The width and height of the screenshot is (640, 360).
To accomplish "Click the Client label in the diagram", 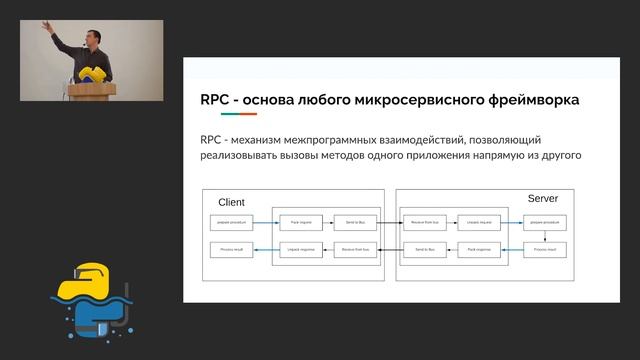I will (x=231, y=202).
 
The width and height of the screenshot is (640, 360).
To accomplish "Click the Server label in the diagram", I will (x=543, y=199).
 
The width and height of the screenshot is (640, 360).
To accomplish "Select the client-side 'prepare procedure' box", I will (x=227, y=219).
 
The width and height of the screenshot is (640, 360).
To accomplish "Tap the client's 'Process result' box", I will (x=227, y=248).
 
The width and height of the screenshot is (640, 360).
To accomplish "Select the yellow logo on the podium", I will (x=92, y=74).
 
